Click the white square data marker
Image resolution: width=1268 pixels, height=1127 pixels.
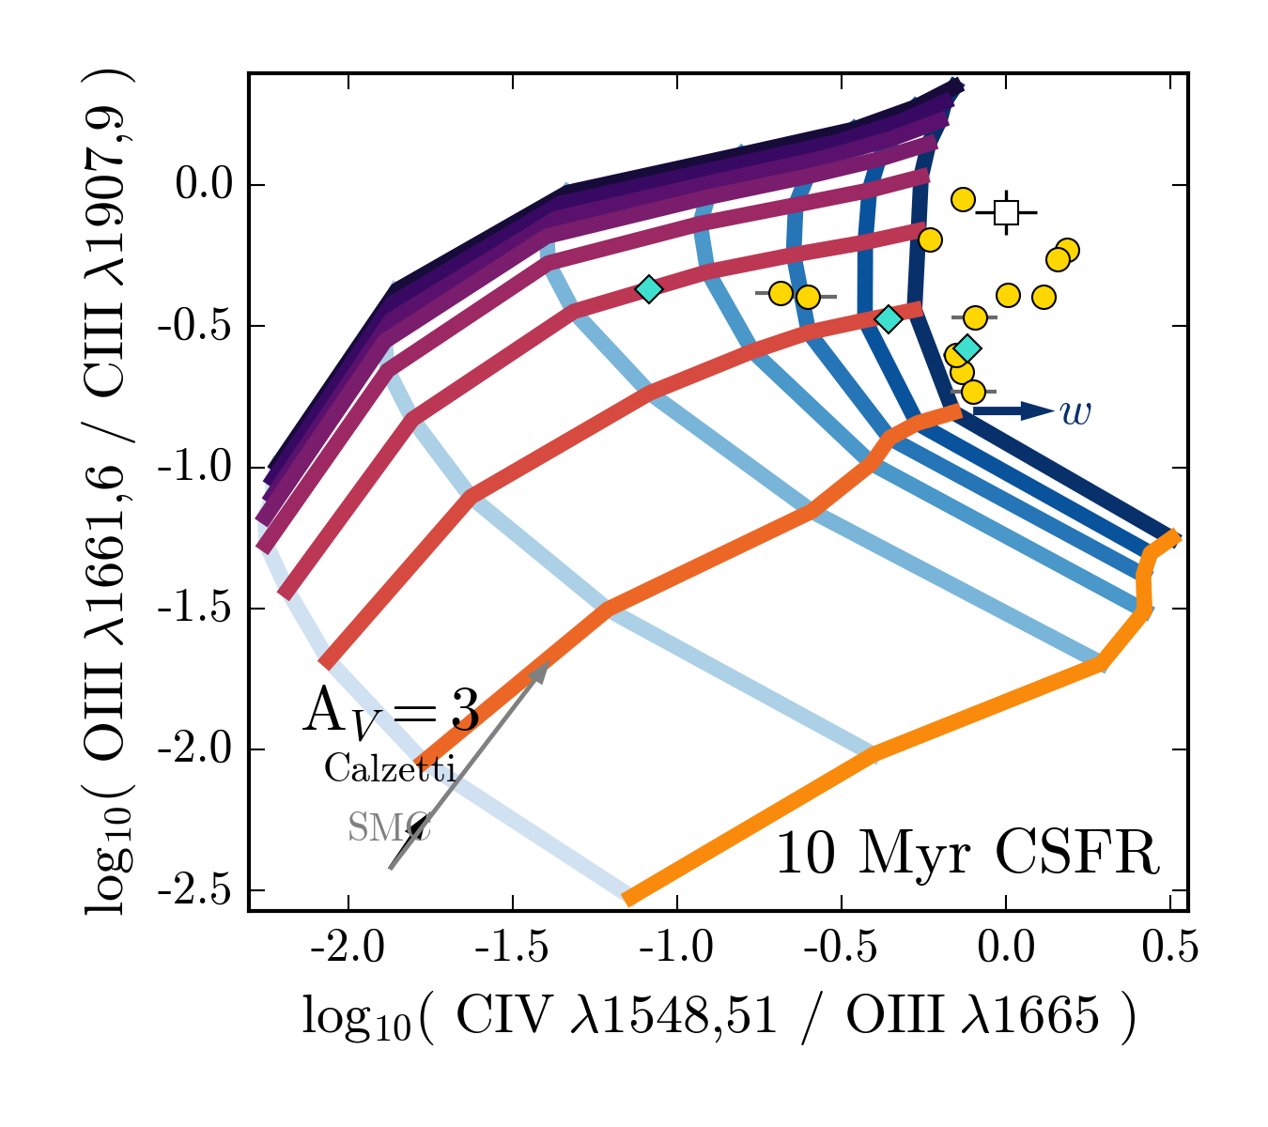click(1006, 212)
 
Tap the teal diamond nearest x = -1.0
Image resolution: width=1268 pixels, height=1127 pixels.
click(648, 288)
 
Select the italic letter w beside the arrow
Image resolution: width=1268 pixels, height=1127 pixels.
click(1075, 411)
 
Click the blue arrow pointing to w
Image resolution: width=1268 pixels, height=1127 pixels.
click(1014, 410)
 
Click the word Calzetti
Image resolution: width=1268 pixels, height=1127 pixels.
click(390, 770)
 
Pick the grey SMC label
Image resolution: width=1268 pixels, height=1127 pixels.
click(388, 827)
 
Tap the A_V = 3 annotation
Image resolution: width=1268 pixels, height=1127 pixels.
click(390, 711)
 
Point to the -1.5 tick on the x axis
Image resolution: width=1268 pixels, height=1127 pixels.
click(512, 949)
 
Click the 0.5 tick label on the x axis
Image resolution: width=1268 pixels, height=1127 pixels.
click(1169, 949)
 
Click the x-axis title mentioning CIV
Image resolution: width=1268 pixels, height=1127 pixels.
click(719, 1017)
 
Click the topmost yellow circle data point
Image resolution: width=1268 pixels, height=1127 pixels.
click(963, 199)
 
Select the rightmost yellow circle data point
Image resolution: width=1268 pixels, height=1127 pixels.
click(1067, 250)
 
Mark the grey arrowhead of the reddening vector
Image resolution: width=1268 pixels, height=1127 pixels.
click(542, 670)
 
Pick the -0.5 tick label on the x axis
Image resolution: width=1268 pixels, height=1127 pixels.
click(841, 949)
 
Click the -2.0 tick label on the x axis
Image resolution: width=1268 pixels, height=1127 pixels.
click(348, 949)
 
